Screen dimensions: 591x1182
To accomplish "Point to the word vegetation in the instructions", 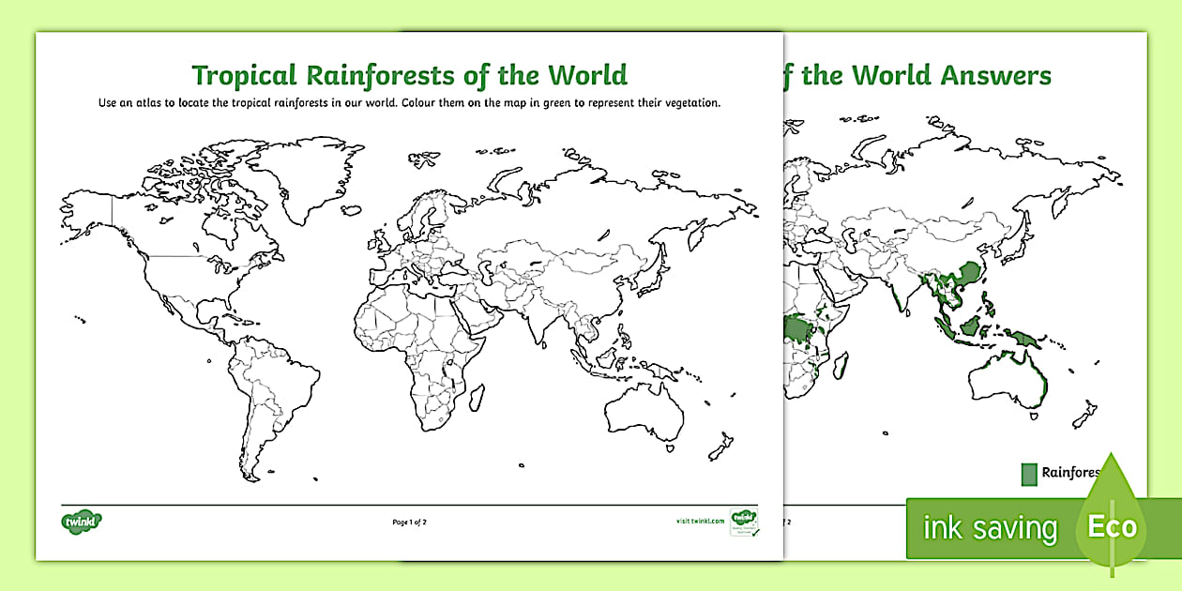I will click(689, 103).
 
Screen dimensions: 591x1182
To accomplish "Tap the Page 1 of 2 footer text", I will click(409, 522).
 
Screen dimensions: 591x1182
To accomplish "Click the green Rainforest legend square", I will click(1029, 474).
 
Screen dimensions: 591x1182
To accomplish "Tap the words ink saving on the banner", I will click(990, 528).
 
